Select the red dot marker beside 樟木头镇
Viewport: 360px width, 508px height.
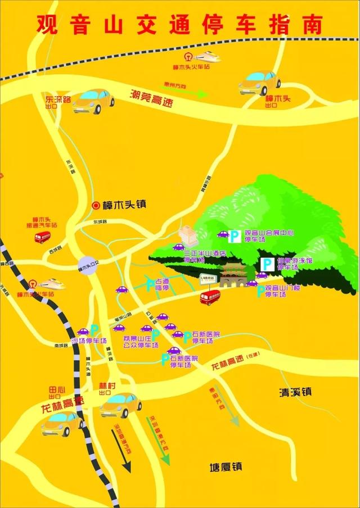click(x=96, y=205)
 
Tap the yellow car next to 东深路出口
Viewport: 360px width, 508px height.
click(x=93, y=101)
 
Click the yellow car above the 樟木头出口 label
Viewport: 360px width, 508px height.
click(x=259, y=83)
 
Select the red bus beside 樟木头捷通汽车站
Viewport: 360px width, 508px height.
click(x=42, y=237)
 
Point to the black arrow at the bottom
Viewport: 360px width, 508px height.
click(x=125, y=452)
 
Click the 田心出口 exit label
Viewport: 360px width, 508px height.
click(x=57, y=392)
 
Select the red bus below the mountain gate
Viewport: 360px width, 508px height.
click(x=210, y=297)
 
